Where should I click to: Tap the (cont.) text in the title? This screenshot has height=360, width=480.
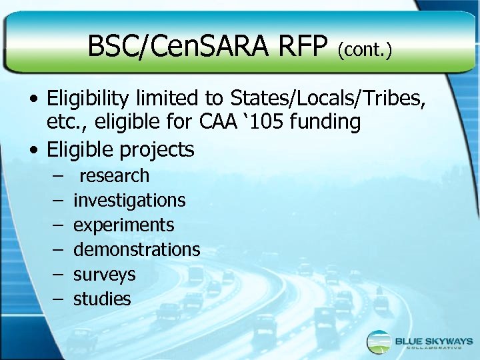pos(364,49)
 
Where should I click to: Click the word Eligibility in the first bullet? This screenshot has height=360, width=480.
pos(89,99)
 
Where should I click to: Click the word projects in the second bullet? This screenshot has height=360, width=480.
pos(157,149)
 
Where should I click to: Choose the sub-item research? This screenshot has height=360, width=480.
pos(114,176)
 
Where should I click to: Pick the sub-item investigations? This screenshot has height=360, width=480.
pos(129,201)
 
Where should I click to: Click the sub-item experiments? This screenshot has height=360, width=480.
pos(123,225)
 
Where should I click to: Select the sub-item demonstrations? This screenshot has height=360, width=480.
pos(137,249)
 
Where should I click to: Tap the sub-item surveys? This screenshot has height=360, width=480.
pos(104,274)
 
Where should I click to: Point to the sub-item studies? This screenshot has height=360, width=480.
pos(102,299)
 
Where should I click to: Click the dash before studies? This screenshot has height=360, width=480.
pos(59,299)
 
